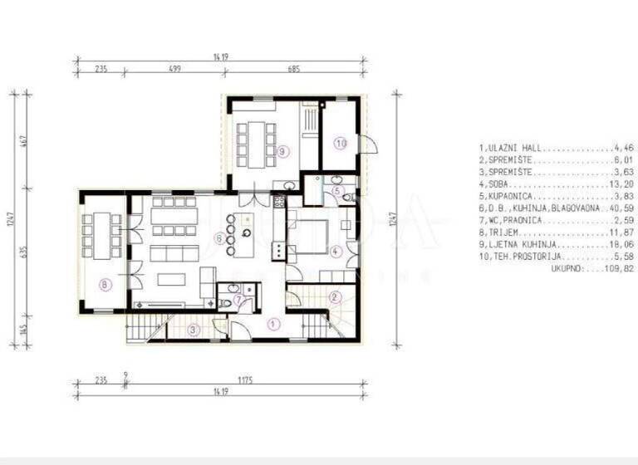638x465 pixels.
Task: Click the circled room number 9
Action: pos(283,151)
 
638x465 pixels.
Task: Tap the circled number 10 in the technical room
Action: pos(340,143)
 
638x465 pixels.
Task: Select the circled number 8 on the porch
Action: pos(104,284)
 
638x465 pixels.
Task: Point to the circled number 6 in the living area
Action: pos(219,238)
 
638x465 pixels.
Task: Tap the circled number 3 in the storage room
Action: pos(193,330)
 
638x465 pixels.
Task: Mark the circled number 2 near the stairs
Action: pos(334,296)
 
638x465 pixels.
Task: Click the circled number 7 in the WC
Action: pos(239,300)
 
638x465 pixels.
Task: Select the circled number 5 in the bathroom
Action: pos(336,190)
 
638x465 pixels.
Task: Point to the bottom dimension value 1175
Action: pos(243,380)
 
